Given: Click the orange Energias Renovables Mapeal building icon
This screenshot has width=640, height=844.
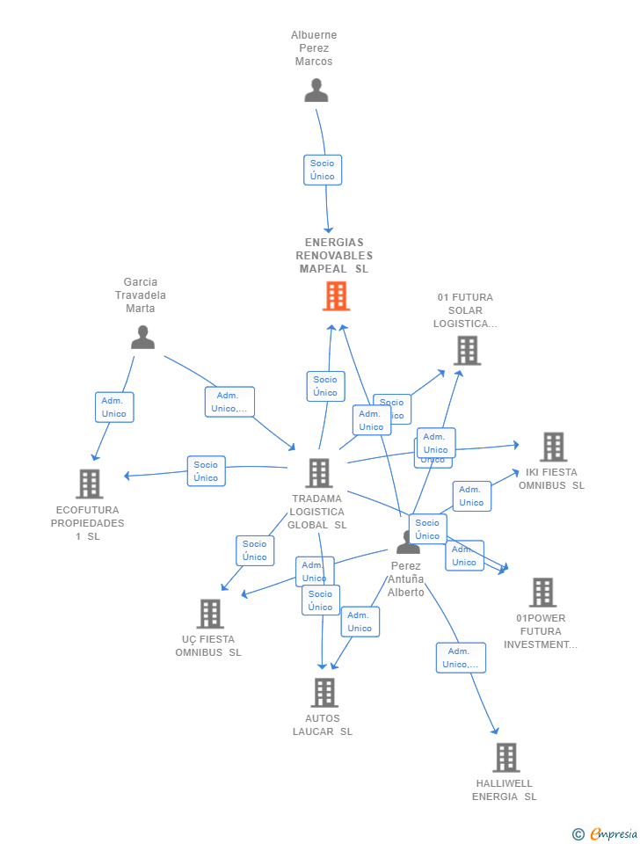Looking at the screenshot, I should (x=336, y=296).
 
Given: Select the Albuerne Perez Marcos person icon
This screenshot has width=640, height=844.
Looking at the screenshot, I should (x=316, y=91).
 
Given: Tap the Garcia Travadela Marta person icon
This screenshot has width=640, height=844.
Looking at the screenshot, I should (x=142, y=338).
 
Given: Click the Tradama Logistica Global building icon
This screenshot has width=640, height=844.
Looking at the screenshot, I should (x=318, y=473).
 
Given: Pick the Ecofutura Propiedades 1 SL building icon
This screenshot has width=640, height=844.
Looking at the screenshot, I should (x=89, y=484).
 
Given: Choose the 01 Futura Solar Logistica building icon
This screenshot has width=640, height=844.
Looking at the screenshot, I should (x=467, y=350).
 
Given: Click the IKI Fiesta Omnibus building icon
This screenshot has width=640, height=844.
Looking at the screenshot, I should (x=553, y=447).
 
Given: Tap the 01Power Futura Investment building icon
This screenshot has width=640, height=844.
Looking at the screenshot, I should (x=542, y=593).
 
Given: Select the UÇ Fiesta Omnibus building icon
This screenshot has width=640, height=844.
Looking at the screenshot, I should (x=210, y=614).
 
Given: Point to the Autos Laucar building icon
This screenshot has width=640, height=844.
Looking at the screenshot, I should (x=324, y=693).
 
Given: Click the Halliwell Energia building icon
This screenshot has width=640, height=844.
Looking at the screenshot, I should (x=505, y=757).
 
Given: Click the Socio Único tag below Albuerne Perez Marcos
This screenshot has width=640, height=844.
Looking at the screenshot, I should (x=323, y=170).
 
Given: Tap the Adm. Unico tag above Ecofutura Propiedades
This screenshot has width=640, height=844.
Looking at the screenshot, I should (x=114, y=407).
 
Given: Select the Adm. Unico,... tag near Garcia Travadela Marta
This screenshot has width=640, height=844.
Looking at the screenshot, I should (x=229, y=402).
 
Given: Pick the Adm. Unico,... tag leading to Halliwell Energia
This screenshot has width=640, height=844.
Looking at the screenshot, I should (x=461, y=658).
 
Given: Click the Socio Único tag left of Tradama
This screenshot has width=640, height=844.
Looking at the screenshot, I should (x=206, y=471).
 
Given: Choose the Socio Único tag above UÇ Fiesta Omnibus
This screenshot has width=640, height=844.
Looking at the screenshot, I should (x=255, y=550).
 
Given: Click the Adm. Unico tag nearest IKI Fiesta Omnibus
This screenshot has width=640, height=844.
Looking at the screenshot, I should (x=471, y=496).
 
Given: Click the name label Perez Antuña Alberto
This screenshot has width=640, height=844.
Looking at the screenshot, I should (x=406, y=579).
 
